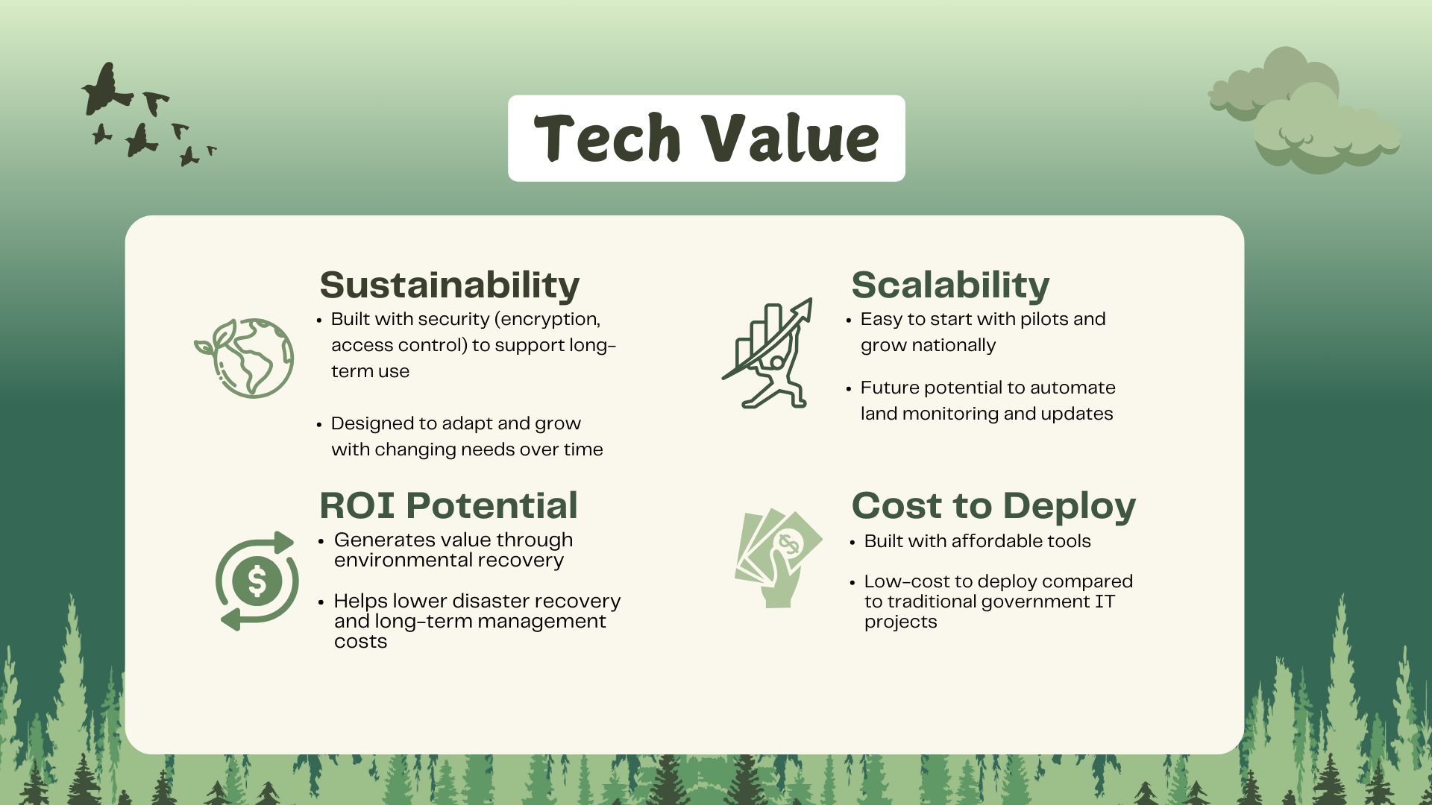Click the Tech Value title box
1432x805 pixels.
point(706,138)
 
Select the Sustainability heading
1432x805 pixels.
point(449,285)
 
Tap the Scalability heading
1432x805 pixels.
point(950,285)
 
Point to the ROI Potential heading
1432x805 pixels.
point(448,505)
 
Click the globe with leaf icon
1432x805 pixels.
point(245,358)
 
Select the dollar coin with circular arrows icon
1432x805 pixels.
point(257,581)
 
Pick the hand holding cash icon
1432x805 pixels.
point(777,558)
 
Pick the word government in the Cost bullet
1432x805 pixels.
point(1035,602)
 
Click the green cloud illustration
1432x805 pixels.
point(1305,112)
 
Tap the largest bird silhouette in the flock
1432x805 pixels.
point(107,90)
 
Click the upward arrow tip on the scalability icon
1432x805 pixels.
point(809,300)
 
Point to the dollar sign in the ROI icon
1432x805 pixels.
point(257,581)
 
